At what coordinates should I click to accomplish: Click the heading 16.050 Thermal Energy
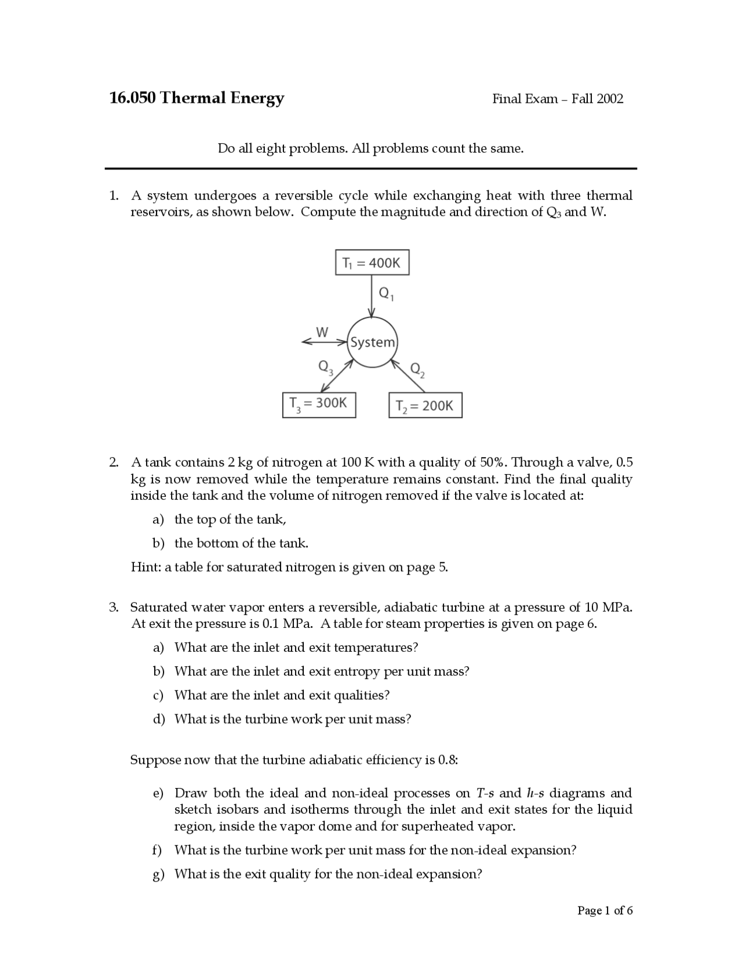(197, 97)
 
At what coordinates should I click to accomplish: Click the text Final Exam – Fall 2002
(558, 99)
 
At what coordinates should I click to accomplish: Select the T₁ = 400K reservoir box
(372, 262)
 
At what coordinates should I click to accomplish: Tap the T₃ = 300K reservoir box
(319, 404)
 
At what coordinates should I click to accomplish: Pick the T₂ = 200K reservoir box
(425, 405)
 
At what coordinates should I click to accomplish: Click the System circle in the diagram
(373, 342)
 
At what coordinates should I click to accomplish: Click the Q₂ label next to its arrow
(417, 370)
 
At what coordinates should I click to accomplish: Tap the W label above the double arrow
(322, 332)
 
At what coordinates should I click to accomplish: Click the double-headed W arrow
(323, 342)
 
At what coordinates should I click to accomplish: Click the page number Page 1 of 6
(605, 911)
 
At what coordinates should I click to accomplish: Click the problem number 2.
(114, 463)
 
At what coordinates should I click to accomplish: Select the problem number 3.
(114, 608)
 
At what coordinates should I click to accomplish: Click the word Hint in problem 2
(145, 567)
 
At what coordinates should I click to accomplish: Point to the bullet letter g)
(158, 875)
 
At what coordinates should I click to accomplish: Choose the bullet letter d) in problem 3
(159, 719)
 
